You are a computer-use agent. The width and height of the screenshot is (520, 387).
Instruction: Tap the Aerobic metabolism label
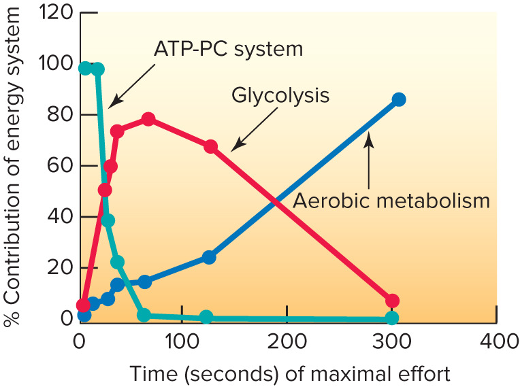[x=391, y=201]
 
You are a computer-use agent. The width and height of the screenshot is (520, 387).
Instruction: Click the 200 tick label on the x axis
[x=287, y=340]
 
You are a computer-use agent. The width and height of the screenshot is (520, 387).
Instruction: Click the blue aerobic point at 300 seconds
[x=399, y=100]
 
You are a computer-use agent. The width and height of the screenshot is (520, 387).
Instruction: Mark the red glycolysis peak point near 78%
[x=148, y=120]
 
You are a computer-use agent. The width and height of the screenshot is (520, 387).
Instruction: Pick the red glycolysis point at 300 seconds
[x=391, y=301]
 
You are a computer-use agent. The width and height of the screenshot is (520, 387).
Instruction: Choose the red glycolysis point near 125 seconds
[x=211, y=146]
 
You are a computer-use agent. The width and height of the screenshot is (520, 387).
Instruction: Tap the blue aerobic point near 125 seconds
[x=209, y=257]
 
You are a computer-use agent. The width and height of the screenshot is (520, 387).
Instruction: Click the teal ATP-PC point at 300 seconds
[x=391, y=318]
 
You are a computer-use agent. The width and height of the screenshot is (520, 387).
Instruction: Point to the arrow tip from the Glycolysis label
[x=232, y=149]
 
